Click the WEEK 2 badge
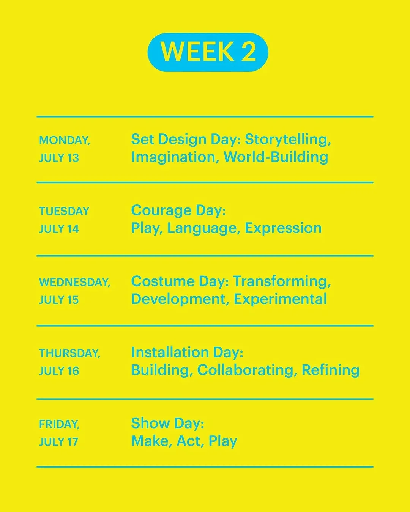click(208, 52)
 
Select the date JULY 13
click(59, 158)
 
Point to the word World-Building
click(276, 157)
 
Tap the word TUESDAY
click(64, 211)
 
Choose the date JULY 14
click(59, 229)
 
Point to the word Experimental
click(280, 300)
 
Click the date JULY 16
click(59, 371)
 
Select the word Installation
click(170, 352)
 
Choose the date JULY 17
click(58, 442)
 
